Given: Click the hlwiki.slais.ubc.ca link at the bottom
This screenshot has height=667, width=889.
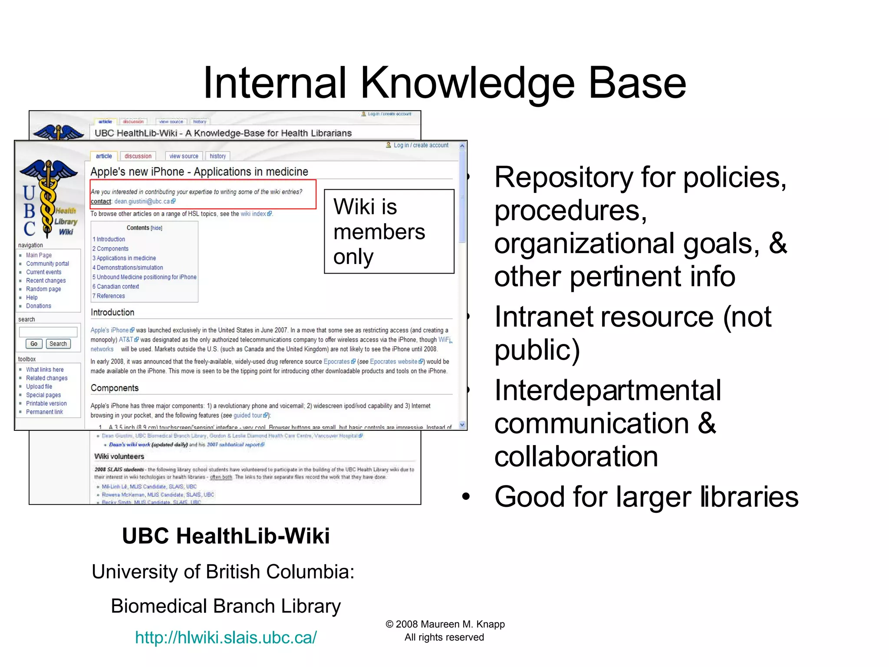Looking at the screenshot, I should (226, 637).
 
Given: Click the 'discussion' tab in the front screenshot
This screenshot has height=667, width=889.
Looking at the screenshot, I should (138, 156).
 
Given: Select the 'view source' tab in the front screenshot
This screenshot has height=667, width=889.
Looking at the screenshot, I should (184, 156).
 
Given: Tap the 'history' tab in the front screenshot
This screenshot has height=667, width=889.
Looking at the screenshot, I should (217, 156).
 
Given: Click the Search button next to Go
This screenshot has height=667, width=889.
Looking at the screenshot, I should (58, 344).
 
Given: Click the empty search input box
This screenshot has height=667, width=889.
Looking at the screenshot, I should (48, 332).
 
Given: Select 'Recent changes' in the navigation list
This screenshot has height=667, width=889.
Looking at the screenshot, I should (46, 281).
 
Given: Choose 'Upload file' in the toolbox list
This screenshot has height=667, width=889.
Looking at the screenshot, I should (39, 386).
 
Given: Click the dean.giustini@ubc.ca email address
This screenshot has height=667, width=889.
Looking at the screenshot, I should (142, 201).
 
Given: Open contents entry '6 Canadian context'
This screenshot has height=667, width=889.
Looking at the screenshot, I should (116, 287).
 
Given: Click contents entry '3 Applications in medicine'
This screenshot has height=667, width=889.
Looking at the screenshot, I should (125, 258).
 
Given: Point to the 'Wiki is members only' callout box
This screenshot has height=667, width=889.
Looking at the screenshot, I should (389, 231).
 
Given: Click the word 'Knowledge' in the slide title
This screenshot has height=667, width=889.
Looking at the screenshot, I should (468, 83).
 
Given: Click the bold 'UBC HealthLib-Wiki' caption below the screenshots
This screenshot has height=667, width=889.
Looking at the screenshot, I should (226, 536).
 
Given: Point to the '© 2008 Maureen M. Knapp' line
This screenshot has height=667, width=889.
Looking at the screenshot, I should (445, 624).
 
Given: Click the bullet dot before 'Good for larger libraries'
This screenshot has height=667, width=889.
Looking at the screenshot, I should (466, 497).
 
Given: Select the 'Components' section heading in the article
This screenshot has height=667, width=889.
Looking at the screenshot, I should (115, 388).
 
